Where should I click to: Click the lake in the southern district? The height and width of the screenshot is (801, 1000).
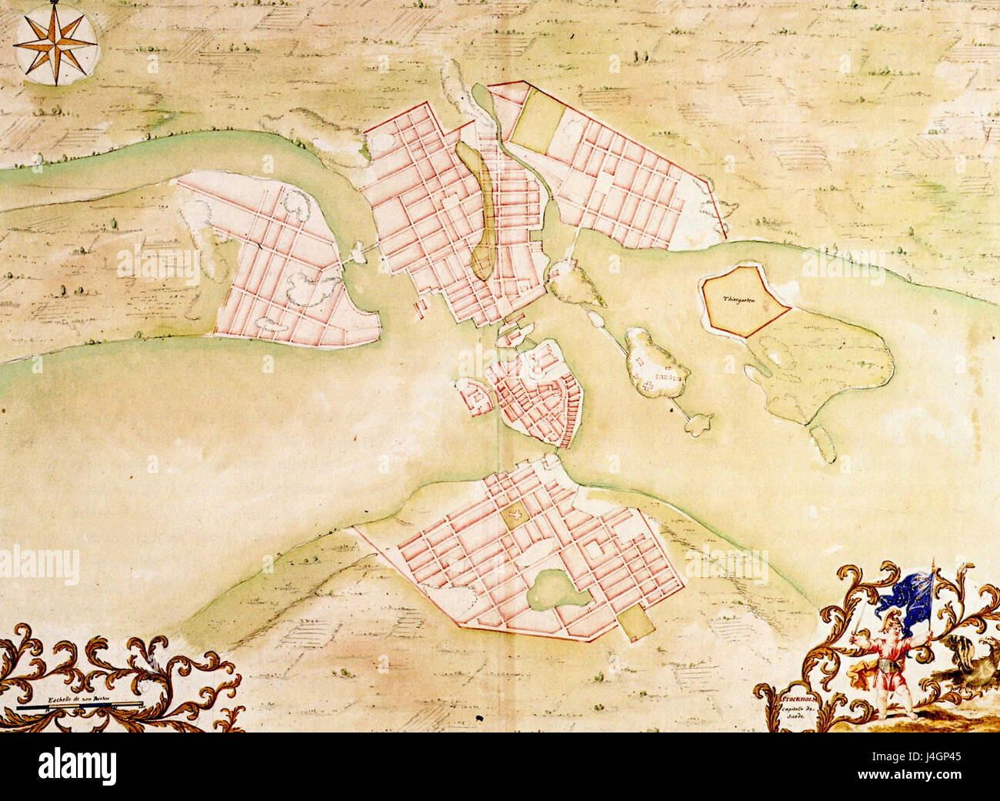554,589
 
